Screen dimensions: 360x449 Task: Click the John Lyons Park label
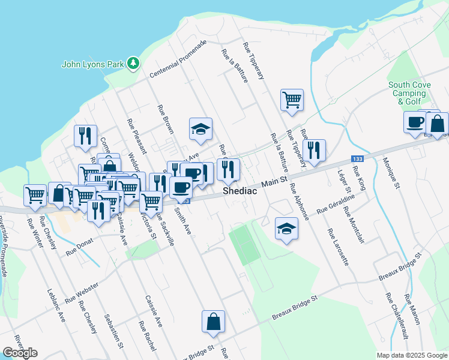[x=93, y=64]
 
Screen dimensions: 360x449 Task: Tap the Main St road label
[x=275, y=180]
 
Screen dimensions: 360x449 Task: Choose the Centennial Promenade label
[x=178, y=59]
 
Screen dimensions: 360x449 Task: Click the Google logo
[x=20, y=353]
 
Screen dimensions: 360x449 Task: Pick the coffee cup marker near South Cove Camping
[x=415, y=123]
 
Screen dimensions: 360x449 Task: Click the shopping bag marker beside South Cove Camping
[x=438, y=124]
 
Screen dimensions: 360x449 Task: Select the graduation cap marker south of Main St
[x=287, y=229]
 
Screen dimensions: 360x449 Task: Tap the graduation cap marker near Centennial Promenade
[x=201, y=129]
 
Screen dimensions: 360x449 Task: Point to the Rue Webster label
[x=82, y=291]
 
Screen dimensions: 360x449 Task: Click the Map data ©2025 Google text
[x=411, y=355]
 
